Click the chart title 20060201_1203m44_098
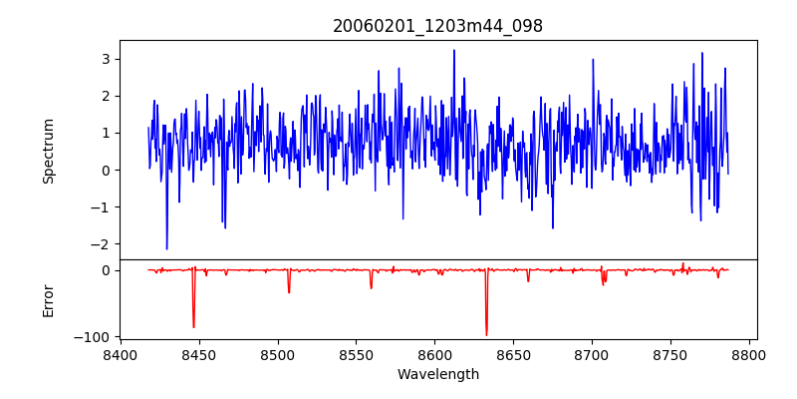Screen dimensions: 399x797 pyautogui.click(x=437, y=26)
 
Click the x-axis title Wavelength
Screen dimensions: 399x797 pyautogui.click(x=437, y=374)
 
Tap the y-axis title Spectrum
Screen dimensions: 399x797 pyautogui.click(x=49, y=150)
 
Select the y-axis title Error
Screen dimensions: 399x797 pyautogui.click(x=49, y=299)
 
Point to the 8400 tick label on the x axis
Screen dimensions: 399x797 pyautogui.click(x=121, y=354)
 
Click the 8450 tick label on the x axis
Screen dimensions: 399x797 pyautogui.click(x=199, y=354)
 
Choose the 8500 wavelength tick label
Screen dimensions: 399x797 pyautogui.click(x=278, y=354)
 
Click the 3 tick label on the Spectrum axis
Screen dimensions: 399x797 pyautogui.click(x=104, y=59)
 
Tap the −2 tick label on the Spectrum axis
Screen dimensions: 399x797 pyautogui.click(x=100, y=244)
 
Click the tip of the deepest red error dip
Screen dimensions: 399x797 pyautogui.click(x=486, y=335)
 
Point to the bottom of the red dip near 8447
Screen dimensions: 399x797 pyautogui.click(x=193, y=327)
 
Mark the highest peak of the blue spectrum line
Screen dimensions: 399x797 pyautogui.click(x=454, y=50)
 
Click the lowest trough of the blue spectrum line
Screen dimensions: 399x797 pyautogui.click(x=166, y=249)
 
